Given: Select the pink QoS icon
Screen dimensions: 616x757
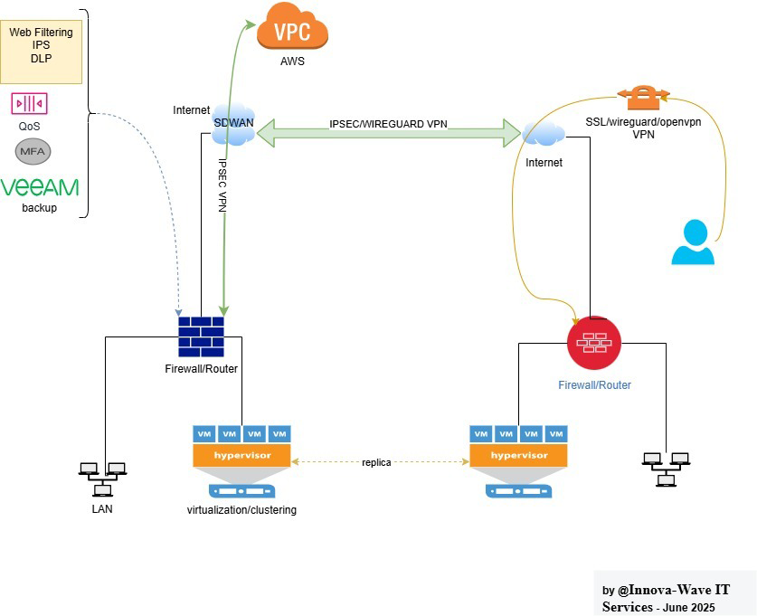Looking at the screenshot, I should coord(29,103).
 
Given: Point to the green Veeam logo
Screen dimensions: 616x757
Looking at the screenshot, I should coord(40,187).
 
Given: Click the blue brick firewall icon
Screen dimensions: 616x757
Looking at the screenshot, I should coord(201,336).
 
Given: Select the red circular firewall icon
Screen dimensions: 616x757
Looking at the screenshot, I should coord(593,343).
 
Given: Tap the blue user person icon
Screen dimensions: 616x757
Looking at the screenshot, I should coord(693,242).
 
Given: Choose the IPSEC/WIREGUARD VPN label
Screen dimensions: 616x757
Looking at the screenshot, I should coord(388,124).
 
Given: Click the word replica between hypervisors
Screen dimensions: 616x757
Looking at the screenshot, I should coord(376,462).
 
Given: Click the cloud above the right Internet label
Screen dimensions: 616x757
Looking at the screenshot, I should coord(544,135).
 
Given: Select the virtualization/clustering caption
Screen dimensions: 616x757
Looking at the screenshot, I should coord(241,510).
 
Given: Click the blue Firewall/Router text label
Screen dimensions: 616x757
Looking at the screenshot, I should coord(593,384).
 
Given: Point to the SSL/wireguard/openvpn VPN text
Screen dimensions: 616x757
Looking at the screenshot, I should coord(643,127).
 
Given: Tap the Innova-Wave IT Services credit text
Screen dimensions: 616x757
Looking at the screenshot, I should coord(667,598).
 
